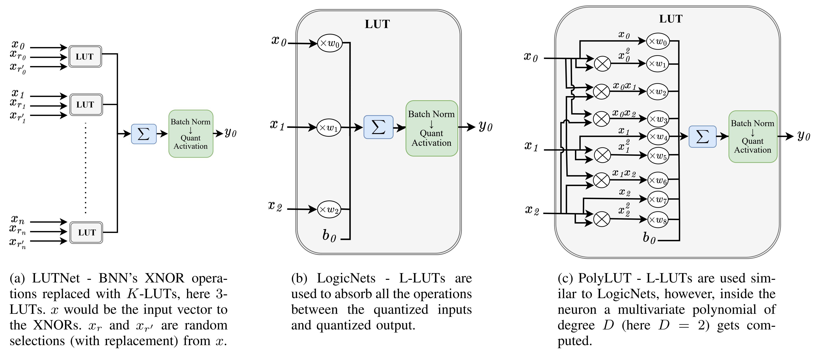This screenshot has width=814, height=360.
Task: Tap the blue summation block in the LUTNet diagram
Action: (144, 134)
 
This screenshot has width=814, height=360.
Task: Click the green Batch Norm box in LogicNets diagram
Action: (432, 128)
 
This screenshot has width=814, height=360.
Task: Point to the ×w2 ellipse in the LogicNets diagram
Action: (330, 209)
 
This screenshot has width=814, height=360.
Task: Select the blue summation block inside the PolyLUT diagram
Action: (702, 137)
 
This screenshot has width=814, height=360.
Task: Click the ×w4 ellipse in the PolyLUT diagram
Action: (658, 137)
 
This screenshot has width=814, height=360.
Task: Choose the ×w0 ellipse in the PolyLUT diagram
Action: (658, 41)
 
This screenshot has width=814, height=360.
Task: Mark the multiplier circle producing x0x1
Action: (601, 92)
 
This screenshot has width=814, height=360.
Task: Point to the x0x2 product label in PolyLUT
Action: (624, 113)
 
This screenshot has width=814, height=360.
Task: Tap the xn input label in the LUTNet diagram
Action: (18, 219)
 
